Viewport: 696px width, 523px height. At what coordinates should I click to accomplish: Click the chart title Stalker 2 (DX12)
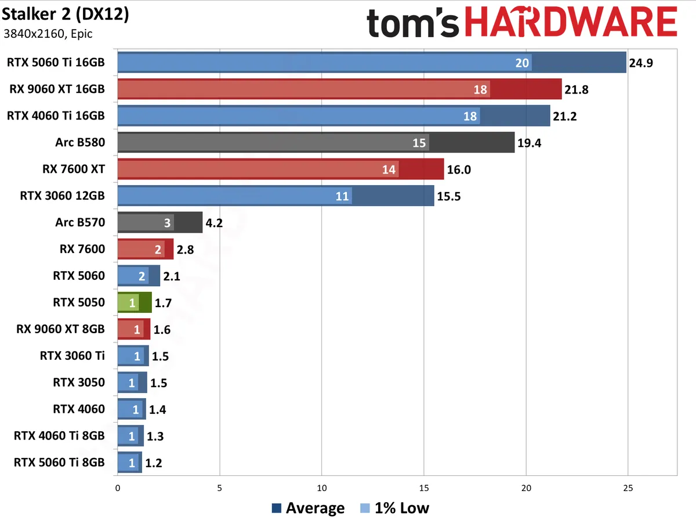[x=66, y=15]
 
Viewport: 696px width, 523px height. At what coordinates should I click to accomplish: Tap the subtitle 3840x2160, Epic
[x=48, y=34]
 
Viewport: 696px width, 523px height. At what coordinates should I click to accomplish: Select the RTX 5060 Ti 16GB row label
[x=56, y=62]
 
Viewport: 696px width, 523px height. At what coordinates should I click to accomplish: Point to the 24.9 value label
[x=641, y=63]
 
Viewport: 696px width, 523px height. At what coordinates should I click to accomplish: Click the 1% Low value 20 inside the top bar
[x=522, y=63]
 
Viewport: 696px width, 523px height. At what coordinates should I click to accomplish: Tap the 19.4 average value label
[x=529, y=143]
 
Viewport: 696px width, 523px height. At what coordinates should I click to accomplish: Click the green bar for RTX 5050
[x=134, y=302]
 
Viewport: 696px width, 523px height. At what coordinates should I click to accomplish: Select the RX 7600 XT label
[x=74, y=169]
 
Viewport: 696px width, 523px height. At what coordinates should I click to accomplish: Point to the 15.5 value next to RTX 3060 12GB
[x=449, y=196]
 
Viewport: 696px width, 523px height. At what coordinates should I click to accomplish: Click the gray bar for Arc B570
[x=159, y=222]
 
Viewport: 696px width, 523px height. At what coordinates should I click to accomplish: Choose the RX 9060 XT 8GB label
[x=61, y=329]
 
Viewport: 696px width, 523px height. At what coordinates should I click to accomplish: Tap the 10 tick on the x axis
[x=322, y=488]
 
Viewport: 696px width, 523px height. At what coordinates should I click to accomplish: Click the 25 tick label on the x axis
[x=628, y=488]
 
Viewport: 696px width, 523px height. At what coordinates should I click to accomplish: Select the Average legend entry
[x=308, y=508]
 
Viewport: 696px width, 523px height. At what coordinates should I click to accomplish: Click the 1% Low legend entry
[x=394, y=508]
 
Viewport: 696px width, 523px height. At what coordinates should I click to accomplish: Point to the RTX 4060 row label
[x=79, y=409]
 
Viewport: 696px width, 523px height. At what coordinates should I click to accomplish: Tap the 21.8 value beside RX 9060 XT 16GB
[x=577, y=89]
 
